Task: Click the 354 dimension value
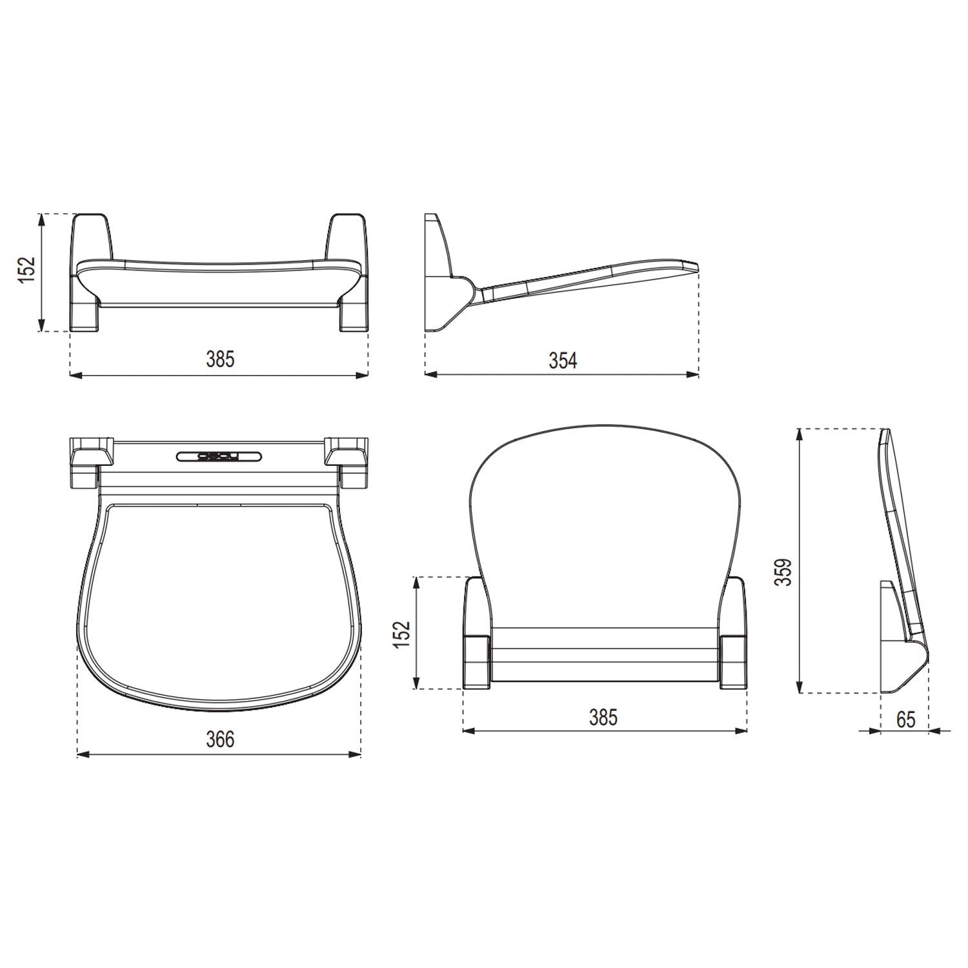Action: coord(563,360)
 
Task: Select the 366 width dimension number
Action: coord(220,739)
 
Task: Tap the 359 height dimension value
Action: coord(782,572)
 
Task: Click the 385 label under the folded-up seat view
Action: coord(603,717)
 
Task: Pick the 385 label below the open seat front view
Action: coord(220,359)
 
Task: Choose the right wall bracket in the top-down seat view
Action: coord(347,459)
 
